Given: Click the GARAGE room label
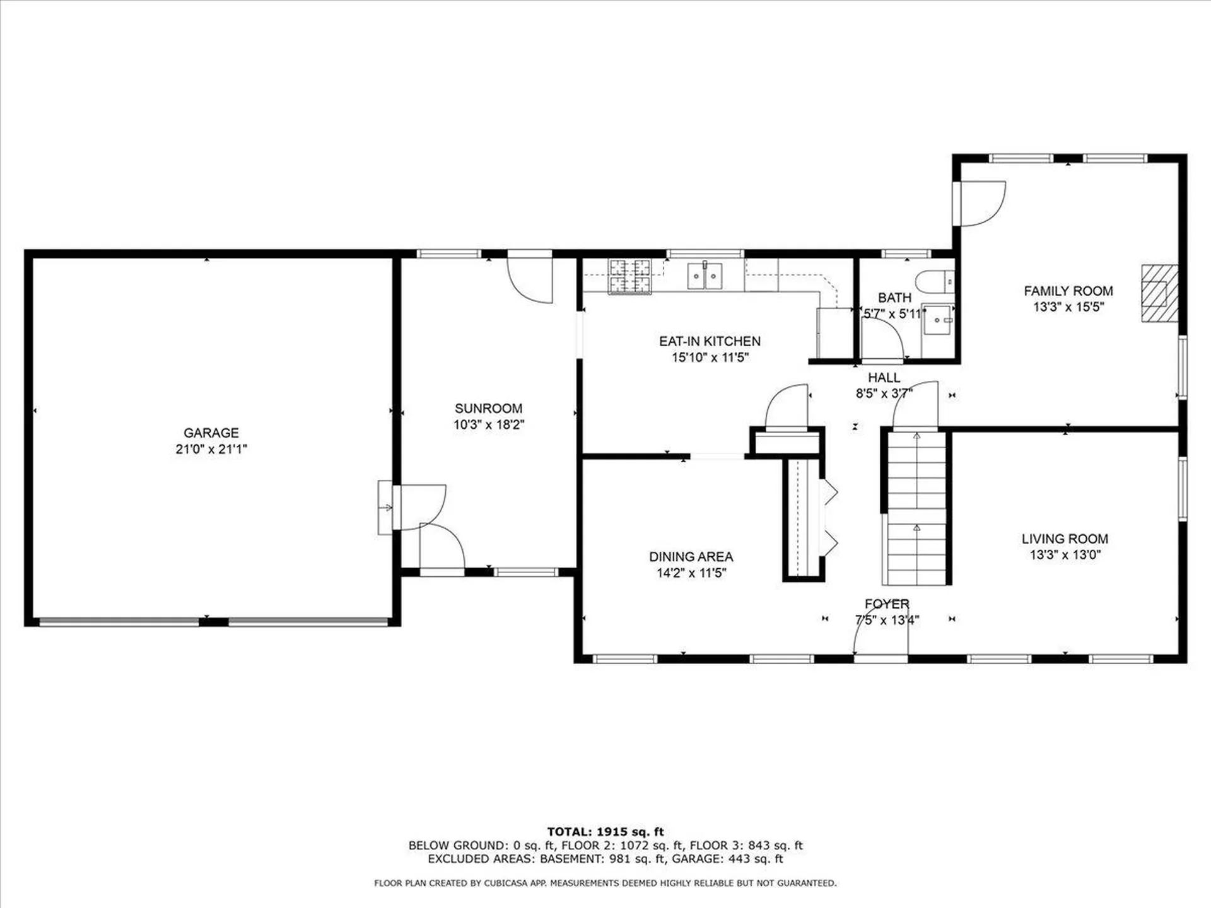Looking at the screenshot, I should pyautogui.click(x=211, y=433).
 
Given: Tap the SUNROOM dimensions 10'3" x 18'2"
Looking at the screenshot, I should pyautogui.click(x=489, y=424).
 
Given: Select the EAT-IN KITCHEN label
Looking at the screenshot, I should pyautogui.click(x=710, y=341).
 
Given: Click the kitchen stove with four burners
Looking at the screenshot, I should pyautogui.click(x=629, y=276).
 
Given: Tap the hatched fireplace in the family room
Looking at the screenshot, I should pyautogui.click(x=1159, y=294).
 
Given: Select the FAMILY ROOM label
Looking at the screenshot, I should pyautogui.click(x=1068, y=291).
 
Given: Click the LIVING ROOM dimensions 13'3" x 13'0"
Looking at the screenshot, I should pyautogui.click(x=1065, y=555).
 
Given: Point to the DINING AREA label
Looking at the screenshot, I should pyautogui.click(x=691, y=557).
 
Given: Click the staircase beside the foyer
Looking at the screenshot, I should pyautogui.click(x=916, y=508).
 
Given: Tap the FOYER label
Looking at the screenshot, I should pyautogui.click(x=887, y=604).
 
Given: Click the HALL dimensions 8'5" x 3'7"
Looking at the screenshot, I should pyautogui.click(x=884, y=394).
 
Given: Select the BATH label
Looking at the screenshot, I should pyautogui.click(x=894, y=297).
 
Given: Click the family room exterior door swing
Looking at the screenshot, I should pyautogui.click(x=981, y=203).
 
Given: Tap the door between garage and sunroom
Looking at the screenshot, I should pyautogui.click(x=419, y=507).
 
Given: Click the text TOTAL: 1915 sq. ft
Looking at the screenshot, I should pyautogui.click(x=605, y=832).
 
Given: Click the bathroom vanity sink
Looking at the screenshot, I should pyautogui.click(x=938, y=320).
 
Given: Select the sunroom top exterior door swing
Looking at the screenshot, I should pyautogui.click(x=530, y=278).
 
